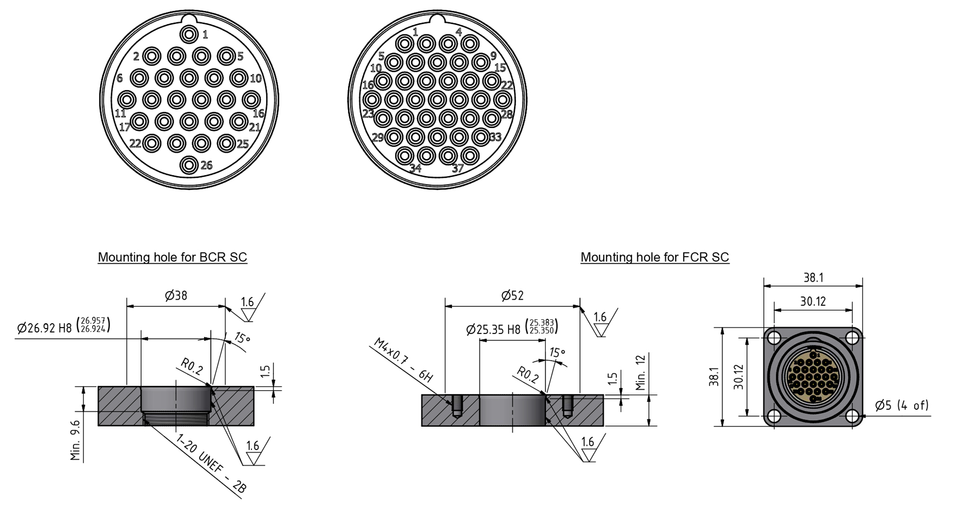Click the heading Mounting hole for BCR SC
[x=172, y=257]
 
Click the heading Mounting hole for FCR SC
[x=654, y=257]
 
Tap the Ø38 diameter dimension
[x=176, y=296]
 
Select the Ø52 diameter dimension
[x=512, y=296]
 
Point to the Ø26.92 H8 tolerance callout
[x=63, y=326]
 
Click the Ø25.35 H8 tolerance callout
[x=512, y=328]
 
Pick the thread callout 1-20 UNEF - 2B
[x=211, y=464]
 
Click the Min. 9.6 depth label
[x=76, y=440]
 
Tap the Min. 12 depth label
[x=641, y=373]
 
